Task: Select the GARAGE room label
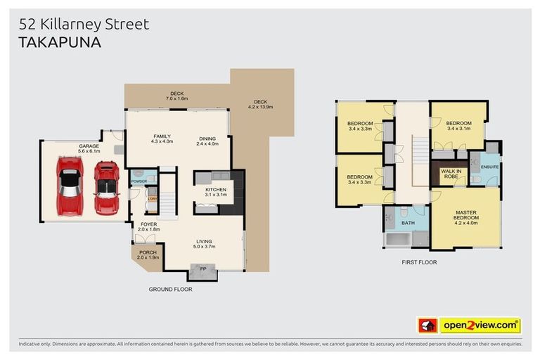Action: click(x=89, y=146)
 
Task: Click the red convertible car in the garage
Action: click(x=106, y=187)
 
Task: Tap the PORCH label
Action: click(x=148, y=253)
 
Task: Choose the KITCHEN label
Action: click(x=215, y=190)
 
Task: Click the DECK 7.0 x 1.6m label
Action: click(x=176, y=96)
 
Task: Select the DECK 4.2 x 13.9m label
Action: click(x=260, y=104)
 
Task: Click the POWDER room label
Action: click(x=139, y=181)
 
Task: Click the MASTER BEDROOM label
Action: click(x=466, y=215)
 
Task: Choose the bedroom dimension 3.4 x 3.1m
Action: click(x=458, y=129)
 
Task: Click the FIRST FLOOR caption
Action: click(x=418, y=262)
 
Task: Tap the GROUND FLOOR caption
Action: click(x=170, y=289)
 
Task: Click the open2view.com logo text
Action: click(x=480, y=326)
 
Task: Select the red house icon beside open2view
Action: click(x=426, y=326)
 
